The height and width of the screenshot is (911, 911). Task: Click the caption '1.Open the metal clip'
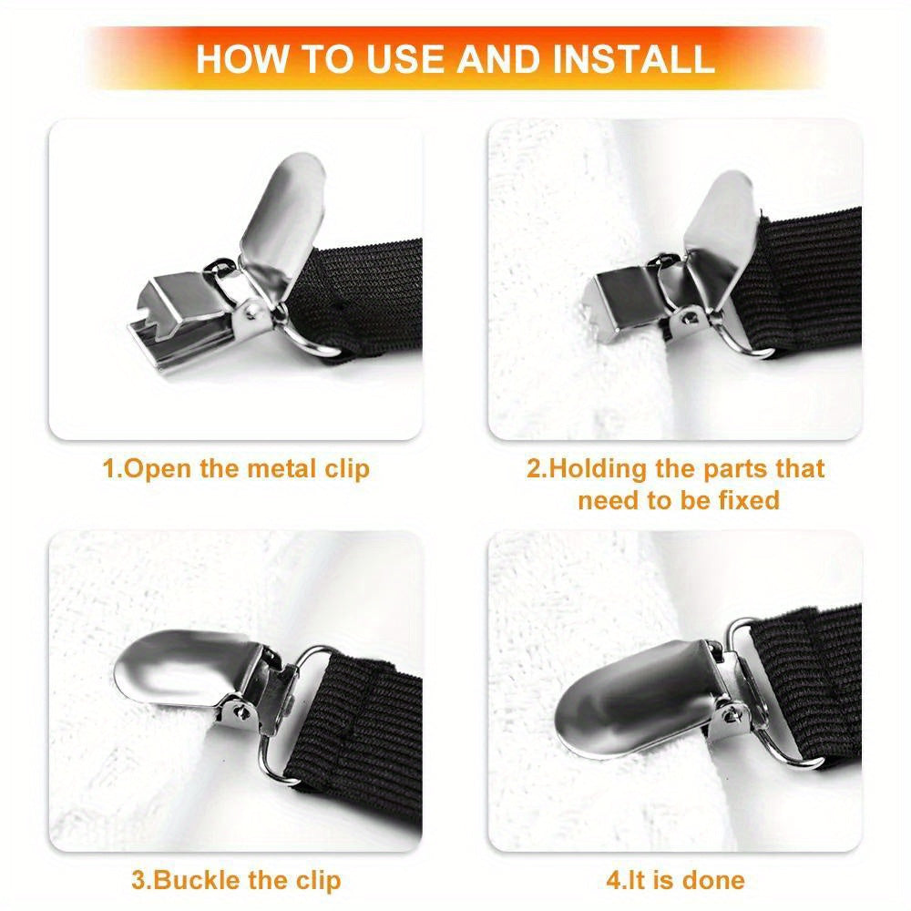(236, 469)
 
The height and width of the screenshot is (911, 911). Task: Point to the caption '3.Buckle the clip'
(236, 880)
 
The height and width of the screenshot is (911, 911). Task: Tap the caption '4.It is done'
(675, 880)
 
